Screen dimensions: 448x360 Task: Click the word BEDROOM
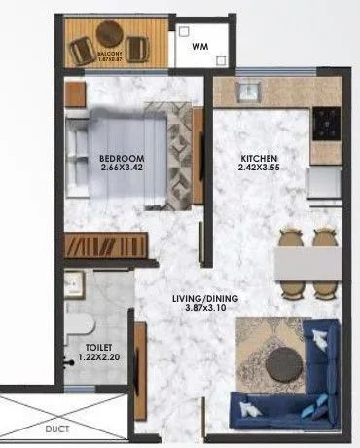pos(122,159)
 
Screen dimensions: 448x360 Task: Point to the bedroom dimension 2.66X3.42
pos(122,168)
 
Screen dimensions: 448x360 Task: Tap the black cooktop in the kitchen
pos(326,123)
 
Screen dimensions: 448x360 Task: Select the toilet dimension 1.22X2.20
pos(97,356)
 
